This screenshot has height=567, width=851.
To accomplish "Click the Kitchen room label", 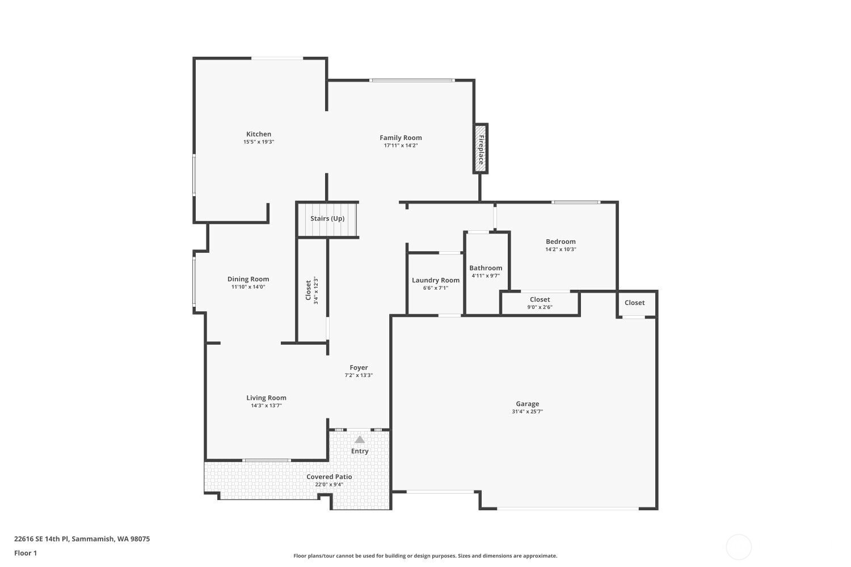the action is [x=258, y=134].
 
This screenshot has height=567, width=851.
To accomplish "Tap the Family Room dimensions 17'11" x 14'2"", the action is [x=401, y=146].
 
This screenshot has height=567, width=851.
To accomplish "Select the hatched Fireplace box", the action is [x=480, y=149].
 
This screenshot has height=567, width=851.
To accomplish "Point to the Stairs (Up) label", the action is [x=327, y=218].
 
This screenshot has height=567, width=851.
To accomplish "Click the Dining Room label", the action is [x=248, y=279].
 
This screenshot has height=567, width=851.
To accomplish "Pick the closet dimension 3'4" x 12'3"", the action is [x=315, y=290].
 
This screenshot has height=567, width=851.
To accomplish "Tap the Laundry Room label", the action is [x=435, y=280].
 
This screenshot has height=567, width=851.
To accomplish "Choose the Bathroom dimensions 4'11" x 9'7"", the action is [x=486, y=276].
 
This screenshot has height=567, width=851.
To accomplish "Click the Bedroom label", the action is [x=561, y=242].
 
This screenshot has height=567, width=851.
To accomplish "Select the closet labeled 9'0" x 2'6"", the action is [x=540, y=303].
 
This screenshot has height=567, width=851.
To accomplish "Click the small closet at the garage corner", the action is [x=637, y=304].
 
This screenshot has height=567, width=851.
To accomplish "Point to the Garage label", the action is [x=527, y=404].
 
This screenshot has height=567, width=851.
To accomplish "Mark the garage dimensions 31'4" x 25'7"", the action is [x=527, y=411].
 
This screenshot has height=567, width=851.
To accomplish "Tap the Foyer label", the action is [x=358, y=367].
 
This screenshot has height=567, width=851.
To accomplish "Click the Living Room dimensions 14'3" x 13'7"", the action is [x=266, y=405].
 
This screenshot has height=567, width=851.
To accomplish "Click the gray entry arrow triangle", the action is [x=359, y=439].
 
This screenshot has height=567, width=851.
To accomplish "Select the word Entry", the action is [x=359, y=451].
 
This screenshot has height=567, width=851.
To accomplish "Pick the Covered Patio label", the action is [x=329, y=477].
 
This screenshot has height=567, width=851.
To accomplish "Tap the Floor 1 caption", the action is [x=26, y=553].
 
